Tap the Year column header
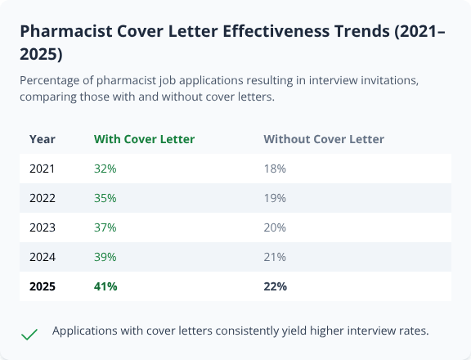click(43, 139)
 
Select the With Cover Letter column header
click(145, 139)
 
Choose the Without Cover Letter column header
click(324, 139)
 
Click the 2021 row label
click(43, 169)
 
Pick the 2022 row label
click(43, 198)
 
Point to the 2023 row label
click(43, 227)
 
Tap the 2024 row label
click(43, 257)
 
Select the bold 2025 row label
click(43, 286)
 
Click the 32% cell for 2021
click(105, 169)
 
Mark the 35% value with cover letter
click(105, 198)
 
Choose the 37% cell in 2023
click(105, 227)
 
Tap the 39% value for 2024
click(105, 257)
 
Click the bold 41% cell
click(106, 286)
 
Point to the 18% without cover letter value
click(275, 169)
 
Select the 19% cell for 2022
click(275, 198)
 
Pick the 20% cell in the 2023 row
click(275, 227)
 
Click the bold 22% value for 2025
click(276, 286)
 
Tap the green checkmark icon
click(29, 334)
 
